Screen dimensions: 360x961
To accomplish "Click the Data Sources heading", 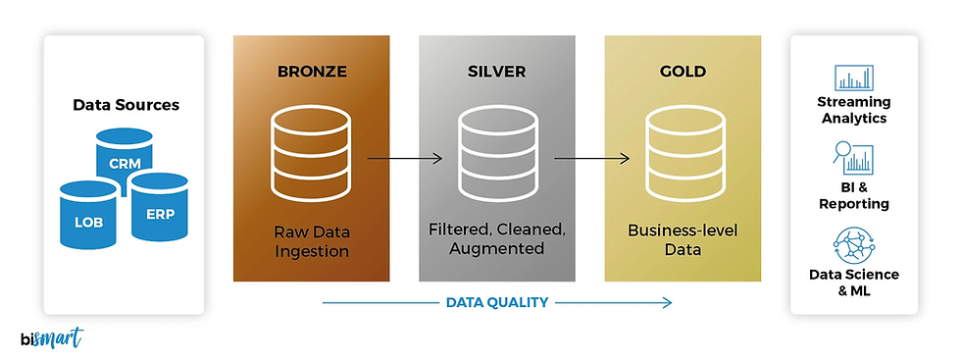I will [126, 104].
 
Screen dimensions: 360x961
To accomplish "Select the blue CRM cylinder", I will [125, 157].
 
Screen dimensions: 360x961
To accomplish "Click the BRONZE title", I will [311, 73].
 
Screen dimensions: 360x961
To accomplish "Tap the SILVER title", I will [496, 73].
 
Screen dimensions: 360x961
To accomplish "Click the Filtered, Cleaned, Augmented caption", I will [496, 239].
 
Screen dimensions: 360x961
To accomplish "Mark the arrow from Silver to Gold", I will [590, 157].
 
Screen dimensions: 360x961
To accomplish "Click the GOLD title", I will [683, 73].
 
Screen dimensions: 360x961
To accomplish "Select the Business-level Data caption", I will [683, 239].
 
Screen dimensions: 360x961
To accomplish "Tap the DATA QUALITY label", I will [496, 302].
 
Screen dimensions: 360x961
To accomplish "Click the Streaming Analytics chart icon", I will [853, 78].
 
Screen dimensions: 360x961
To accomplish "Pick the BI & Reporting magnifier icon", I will [853, 159].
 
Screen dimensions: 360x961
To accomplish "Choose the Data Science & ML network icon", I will [853, 244].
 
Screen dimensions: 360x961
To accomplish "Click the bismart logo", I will [51, 338].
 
